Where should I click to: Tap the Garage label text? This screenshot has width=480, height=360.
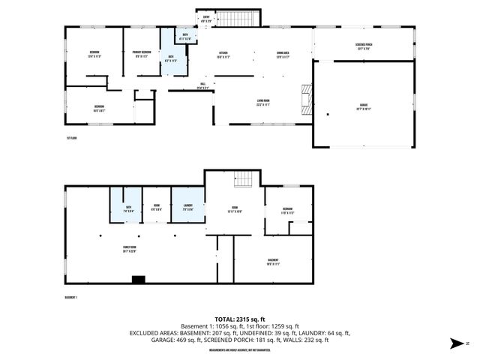363,106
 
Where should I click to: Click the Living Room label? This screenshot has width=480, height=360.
263,103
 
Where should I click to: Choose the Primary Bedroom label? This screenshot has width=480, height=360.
142,53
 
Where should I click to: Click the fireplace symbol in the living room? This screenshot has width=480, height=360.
304,98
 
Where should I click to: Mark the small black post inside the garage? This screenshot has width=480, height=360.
327,114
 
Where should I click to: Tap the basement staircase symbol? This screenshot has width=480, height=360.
242,180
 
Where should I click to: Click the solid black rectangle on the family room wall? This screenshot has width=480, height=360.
138,280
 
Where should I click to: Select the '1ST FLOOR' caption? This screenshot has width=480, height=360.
72,138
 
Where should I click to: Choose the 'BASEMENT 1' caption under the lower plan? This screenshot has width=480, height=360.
72,297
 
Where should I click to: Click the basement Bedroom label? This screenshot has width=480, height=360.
287,210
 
